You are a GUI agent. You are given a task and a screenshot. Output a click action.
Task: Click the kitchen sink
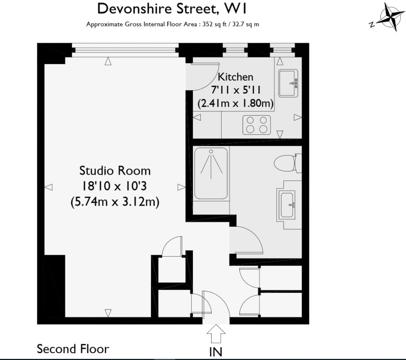[289, 83]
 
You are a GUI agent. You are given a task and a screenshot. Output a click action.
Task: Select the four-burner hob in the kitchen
[256, 124]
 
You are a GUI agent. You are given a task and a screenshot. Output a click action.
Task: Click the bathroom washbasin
[288, 205]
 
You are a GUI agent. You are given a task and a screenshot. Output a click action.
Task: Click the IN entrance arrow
[216, 333]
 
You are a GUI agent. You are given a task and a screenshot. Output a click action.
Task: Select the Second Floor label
[73, 349]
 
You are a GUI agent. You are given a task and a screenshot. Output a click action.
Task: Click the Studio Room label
[115, 170]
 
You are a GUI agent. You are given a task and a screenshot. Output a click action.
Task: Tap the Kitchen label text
[236, 77]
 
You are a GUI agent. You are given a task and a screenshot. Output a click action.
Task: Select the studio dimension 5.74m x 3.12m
[115, 202]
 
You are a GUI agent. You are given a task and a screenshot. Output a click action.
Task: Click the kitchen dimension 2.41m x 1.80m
[236, 103]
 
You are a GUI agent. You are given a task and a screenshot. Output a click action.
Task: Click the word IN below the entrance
[216, 352]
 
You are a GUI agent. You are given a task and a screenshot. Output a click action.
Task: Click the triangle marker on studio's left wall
[48, 187]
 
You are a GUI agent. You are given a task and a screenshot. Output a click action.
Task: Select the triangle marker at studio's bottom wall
[108, 313]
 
